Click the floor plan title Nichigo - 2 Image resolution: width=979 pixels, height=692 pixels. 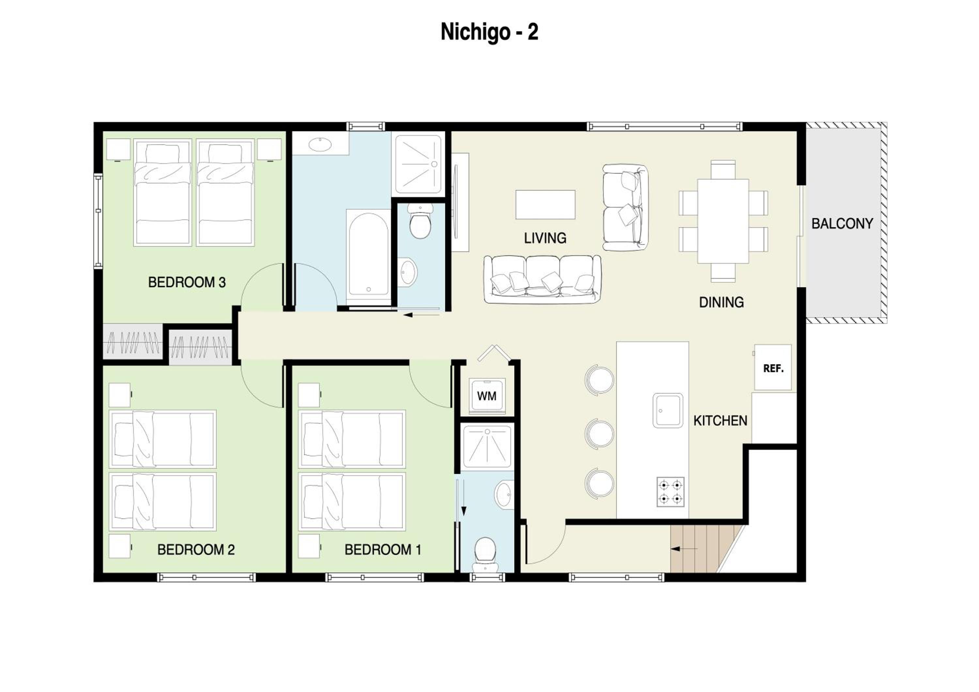[489, 32]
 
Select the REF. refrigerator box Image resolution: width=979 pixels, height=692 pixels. [773, 367]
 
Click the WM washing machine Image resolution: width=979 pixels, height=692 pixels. [487, 396]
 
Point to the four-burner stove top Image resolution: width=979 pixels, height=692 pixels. [671, 492]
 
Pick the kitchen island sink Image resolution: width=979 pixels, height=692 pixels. [668, 410]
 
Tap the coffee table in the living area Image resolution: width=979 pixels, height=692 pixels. [545, 205]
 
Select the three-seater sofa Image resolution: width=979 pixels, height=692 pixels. [542, 279]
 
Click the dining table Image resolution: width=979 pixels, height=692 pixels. [723, 221]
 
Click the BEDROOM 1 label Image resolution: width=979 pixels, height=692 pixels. [383, 550]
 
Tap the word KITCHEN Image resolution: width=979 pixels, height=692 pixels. [720, 421]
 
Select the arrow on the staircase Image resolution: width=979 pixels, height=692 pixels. [684, 548]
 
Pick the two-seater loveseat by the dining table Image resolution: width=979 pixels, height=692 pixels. [626, 207]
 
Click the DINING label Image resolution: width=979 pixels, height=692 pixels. [722, 302]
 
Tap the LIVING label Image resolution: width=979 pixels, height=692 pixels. [545, 238]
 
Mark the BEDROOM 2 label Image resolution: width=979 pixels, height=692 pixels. [196, 550]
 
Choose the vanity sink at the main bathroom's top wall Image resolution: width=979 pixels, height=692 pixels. [320, 144]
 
